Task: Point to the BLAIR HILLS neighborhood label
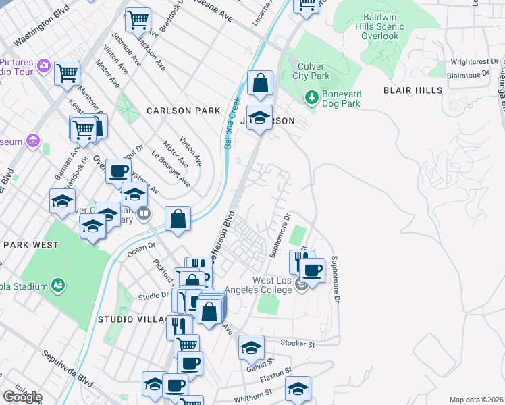click(x=413, y=90)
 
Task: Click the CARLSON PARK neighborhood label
click(x=184, y=111)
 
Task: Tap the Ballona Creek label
click(x=234, y=108)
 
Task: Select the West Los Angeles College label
click(x=264, y=286)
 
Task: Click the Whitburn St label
click(x=253, y=396)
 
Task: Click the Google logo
click(x=22, y=397)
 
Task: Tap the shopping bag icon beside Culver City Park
click(x=260, y=84)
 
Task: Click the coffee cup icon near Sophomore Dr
click(x=311, y=271)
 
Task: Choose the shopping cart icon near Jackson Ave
click(x=138, y=20)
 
